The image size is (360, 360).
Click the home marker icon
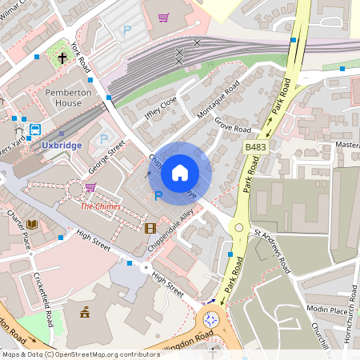180,173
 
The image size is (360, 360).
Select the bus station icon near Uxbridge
35,130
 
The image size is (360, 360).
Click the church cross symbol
62,58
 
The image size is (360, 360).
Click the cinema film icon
150,228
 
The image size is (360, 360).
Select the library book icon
32,225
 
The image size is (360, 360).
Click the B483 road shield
255,147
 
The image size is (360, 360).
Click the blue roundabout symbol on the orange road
211,319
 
